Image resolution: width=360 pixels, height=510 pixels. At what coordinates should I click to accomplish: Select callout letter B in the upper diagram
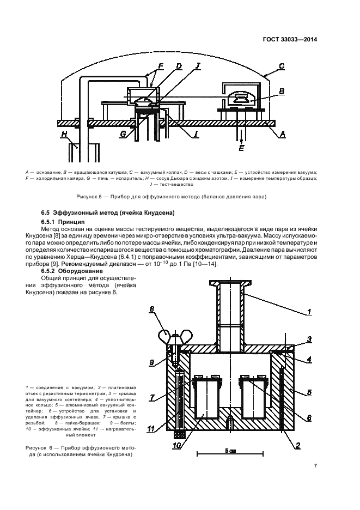[x=281, y=91]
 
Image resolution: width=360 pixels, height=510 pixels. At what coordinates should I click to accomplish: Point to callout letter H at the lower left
[x=65, y=133]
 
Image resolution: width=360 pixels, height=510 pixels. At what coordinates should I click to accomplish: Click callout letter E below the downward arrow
[x=242, y=149]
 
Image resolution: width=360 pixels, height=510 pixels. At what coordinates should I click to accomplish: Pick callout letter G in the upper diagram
[x=124, y=133]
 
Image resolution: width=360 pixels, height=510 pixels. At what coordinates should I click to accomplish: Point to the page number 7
[x=315, y=465]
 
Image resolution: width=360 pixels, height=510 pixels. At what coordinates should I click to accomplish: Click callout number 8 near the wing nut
[x=152, y=310]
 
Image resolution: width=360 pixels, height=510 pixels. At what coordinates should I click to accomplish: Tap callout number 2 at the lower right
[x=298, y=445]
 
